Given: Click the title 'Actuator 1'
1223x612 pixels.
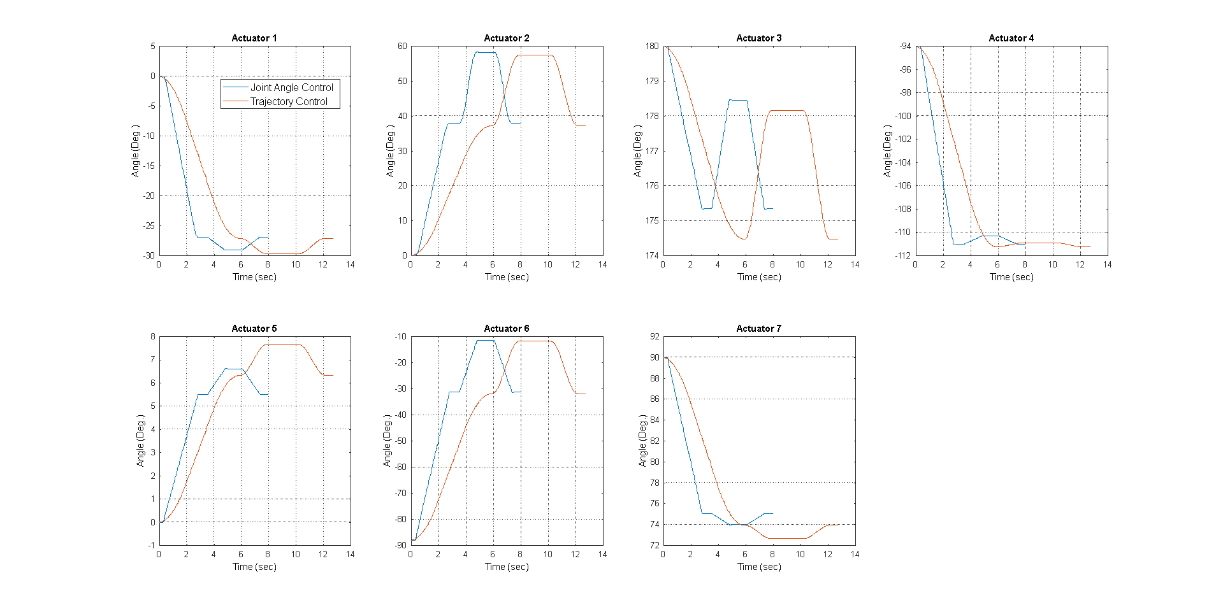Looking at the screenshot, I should click(x=254, y=38).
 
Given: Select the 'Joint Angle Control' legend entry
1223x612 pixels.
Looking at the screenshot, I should click(x=291, y=87).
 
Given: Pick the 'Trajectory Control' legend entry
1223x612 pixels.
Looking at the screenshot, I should click(x=288, y=101).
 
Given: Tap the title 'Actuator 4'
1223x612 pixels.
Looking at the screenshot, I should click(x=1011, y=38).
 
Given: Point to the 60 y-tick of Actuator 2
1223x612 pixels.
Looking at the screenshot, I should click(x=402, y=46).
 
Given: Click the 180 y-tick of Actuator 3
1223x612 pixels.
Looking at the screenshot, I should click(x=652, y=46).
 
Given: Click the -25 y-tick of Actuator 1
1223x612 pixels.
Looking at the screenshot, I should click(x=148, y=225).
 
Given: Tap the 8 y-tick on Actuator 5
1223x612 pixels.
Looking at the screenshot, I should click(x=152, y=336).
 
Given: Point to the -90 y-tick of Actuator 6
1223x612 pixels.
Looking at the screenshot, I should click(x=400, y=545).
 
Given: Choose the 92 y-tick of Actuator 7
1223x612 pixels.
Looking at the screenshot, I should click(x=655, y=336).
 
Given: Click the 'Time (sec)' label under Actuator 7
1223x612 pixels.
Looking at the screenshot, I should click(x=759, y=567).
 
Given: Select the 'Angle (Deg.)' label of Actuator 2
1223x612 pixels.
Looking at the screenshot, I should click(x=390, y=151).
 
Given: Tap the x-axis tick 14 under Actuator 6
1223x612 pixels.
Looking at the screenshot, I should click(x=602, y=555).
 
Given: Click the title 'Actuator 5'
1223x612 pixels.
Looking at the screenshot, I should click(x=254, y=329).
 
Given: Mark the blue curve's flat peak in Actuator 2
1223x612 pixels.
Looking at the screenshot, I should click(x=486, y=52).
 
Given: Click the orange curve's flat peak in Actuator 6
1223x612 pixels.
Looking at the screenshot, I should click(x=535, y=341).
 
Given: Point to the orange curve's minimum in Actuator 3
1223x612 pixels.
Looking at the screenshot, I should click(x=744, y=239).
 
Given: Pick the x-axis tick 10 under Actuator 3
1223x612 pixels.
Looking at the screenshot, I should click(x=800, y=265).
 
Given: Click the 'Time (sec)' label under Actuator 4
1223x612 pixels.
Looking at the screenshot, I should click(x=1011, y=277).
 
